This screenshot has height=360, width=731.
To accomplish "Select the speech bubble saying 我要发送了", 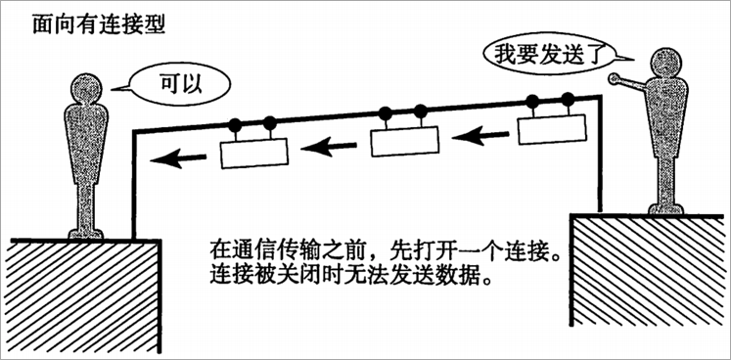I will (534, 54).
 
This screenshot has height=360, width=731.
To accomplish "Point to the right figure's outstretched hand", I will (615, 80).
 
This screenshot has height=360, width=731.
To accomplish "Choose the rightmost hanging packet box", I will (551, 128).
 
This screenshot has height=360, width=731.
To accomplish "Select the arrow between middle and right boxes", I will (480, 136).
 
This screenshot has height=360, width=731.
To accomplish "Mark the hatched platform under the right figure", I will (649, 284).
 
